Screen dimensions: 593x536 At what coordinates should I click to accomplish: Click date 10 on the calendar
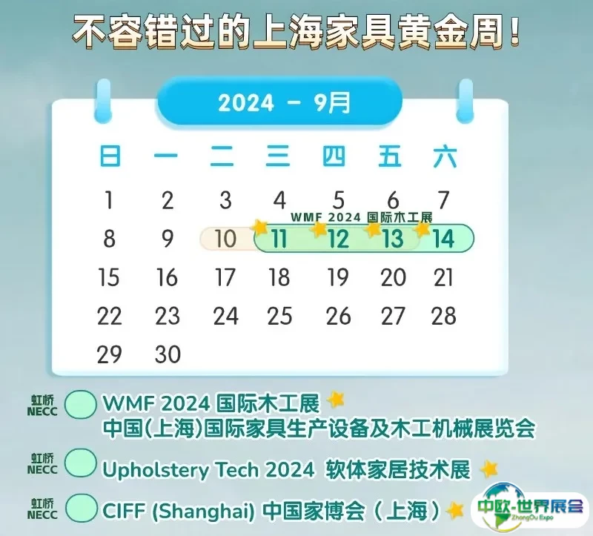[x=225, y=239]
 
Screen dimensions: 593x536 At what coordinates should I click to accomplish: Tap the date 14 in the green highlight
[x=443, y=239]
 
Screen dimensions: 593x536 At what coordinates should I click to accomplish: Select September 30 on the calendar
[x=168, y=354]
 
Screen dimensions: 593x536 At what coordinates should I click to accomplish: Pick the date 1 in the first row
[x=109, y=200]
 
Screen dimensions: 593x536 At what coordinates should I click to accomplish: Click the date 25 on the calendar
[x=279, y=316]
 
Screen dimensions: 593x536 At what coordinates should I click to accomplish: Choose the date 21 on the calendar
[x=443, y=277]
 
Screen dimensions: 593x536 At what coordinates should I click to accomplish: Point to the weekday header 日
[x=110, y=156]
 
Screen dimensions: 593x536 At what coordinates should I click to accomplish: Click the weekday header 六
[x=445, y=156]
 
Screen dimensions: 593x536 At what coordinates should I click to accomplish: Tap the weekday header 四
[x=334, y=156]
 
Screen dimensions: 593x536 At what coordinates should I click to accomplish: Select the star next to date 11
[x=260, y=227]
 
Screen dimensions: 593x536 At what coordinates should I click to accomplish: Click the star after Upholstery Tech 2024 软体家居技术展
[x=488, y=469]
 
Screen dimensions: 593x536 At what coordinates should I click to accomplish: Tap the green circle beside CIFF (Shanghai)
[x=81, y=508]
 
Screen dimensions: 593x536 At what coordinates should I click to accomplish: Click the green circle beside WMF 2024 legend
[x=81, y=404]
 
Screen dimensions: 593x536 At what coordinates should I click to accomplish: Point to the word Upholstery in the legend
[x=156, y=470]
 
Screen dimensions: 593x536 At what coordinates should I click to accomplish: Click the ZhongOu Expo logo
[x=530, y=506]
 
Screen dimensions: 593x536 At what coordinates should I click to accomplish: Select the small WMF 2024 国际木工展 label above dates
[x=361, y=217]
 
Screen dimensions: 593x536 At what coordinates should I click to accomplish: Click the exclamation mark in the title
[x=513, y=30]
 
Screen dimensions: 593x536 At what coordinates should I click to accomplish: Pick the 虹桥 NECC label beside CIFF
[x=42, y=509]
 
